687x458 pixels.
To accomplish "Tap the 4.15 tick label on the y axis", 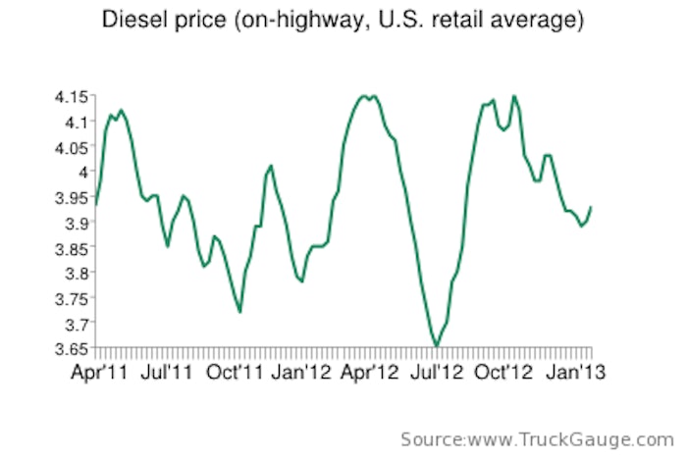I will (x=71, y=96).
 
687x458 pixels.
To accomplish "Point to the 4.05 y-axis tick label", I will (x=71, y=147).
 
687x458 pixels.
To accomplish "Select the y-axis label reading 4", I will (x=83, y=172).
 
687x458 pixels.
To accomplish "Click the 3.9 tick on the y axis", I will (x=76, y=223).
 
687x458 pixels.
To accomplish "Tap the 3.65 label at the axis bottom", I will (x=71, y=348).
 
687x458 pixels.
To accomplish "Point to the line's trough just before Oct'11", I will (x=239, y=312).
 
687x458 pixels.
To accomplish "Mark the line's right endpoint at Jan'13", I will (x=591, y=207).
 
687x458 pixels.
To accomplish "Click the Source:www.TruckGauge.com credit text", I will (x=536, y=437).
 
